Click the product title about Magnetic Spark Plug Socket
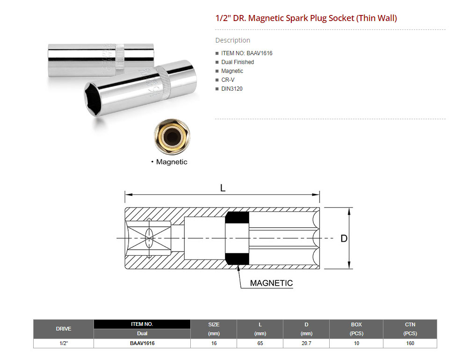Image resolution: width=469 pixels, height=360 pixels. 306,18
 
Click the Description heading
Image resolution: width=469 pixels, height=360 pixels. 233,40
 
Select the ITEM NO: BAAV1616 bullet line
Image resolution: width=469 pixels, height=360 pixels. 247,53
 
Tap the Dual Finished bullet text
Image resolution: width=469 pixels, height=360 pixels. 238,62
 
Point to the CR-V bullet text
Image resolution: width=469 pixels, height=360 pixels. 228,80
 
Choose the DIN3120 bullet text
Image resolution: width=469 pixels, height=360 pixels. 232,89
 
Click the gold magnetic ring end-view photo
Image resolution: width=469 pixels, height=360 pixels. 172,137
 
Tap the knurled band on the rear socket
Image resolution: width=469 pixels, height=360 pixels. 120,58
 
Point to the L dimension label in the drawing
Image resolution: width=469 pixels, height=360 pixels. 223,188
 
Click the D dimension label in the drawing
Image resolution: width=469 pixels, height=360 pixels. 344,238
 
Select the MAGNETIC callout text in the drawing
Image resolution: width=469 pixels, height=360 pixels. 271,283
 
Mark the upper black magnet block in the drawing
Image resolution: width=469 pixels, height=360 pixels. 237,218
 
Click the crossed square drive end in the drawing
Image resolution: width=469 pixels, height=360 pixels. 149,238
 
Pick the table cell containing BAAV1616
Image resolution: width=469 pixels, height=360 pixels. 142,343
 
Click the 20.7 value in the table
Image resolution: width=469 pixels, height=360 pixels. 306,343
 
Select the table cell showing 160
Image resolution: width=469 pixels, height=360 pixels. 410,343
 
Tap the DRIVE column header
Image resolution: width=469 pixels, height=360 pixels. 64,329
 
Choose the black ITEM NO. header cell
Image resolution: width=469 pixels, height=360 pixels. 142,324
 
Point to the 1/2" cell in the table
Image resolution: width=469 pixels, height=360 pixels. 64,343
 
